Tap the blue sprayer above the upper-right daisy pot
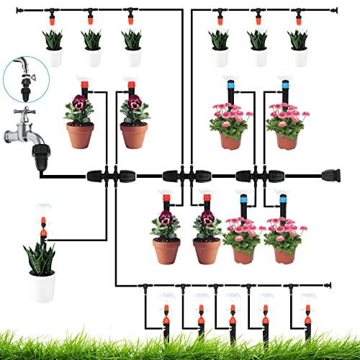pyautogui.click(x=285, y=90)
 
